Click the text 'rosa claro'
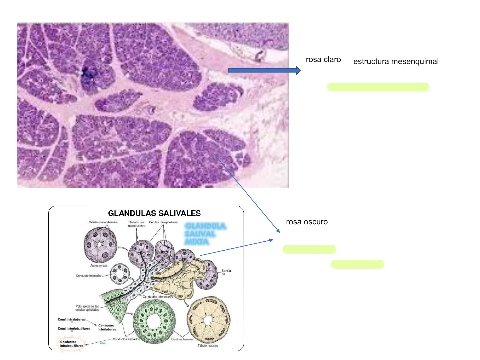click(x=323, y=60)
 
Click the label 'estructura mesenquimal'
click(x=396, y=62)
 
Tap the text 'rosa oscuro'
click(x=307, y=222)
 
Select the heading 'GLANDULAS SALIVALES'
click(x=154, y=213)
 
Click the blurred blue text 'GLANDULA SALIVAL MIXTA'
click(x=205, y=234)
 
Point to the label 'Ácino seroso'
click(x=99, y=266)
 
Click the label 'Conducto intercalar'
click(x=88, y=276)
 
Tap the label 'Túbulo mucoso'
click(x=207, y=346)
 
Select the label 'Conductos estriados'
click(x=126, y=339)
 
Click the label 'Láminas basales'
click(x=182, y=339)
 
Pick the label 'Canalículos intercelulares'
click(x=136, y=224)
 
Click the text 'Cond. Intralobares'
click(x=71, y=319)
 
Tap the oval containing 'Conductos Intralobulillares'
click(x=71, y=344)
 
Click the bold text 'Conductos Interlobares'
click(x=107, y=327)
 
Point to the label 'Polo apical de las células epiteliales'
click(x=87, y=308)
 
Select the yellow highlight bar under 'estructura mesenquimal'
click(x=378, y=87)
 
